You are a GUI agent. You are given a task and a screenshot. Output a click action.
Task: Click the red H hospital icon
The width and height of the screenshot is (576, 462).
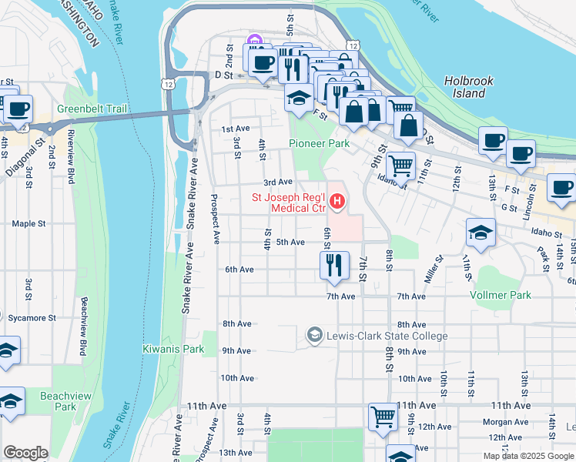tap(337, 202)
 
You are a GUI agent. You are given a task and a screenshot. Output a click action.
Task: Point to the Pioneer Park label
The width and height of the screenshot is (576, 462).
tap(319, 143)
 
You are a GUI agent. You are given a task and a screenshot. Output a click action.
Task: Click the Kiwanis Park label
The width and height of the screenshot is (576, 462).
tap(173, 349)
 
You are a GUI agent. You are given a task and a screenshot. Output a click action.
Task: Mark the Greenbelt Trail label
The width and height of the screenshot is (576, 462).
tap(91, 109)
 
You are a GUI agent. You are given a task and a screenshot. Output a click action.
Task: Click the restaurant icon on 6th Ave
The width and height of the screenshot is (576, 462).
tap(334, 266)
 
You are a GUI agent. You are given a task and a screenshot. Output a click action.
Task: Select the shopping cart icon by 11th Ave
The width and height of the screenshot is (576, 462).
tap(382, 417)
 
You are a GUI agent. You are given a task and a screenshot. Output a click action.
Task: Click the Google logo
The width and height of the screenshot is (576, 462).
tap(25, 453)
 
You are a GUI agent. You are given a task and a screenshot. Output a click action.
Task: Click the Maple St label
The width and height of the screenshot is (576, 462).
tap(29, 224)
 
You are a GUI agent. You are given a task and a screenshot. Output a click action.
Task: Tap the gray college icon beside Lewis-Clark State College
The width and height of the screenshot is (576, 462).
tap(314, 335)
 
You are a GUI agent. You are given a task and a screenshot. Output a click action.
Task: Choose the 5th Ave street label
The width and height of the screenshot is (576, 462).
tap(290, 242)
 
